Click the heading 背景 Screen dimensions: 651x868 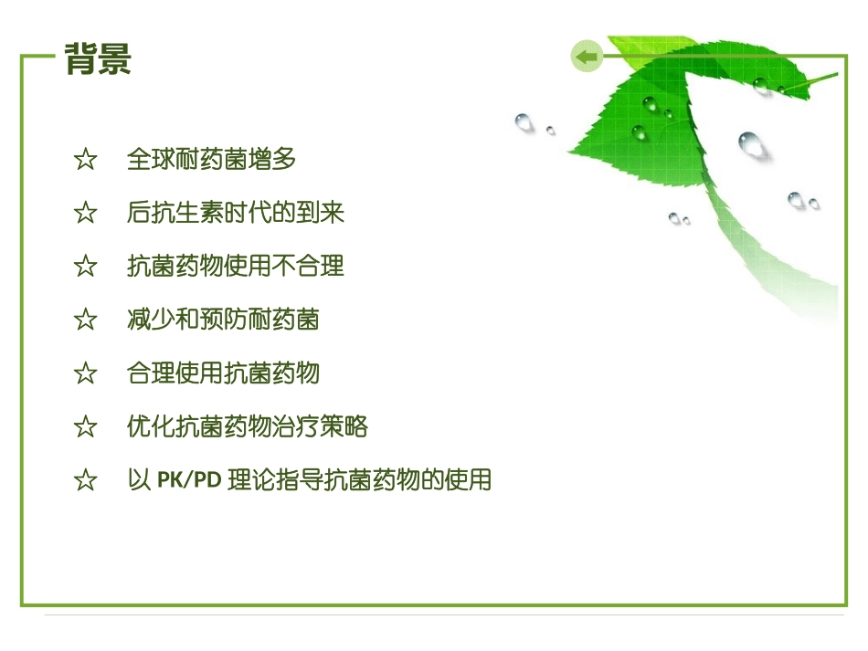click(x=99, y=59)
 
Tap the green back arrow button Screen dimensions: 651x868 click(x=586, y=57)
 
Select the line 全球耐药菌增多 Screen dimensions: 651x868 click(x=212, y=160)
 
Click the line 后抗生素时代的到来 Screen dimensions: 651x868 click(x=236, y=213)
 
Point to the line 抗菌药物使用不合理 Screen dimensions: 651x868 click(x=236, y=267)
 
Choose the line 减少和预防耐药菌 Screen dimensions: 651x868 click(x=223, y=320)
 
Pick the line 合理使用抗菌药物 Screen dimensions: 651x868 click(x=223, y=373)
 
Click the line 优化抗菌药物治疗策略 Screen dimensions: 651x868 click(x=248, y=426)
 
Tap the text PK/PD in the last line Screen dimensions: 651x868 click(x=189, y=480)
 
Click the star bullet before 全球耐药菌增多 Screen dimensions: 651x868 click(x=85, y=161)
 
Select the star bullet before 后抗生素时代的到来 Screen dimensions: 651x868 click(x=85, y=214)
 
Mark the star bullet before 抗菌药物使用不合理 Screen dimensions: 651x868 click(x=85, y=268)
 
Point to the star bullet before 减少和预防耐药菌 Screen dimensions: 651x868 click(x=85, y=320)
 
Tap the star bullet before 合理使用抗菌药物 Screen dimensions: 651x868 click(x=85, y=373)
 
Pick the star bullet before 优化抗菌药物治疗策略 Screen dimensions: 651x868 click(x=85, y=427)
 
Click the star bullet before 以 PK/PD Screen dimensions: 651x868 click(x=85, y=481)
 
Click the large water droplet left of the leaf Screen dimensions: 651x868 click(x=524, y=121)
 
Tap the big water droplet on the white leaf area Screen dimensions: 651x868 click(x=751, y=143)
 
